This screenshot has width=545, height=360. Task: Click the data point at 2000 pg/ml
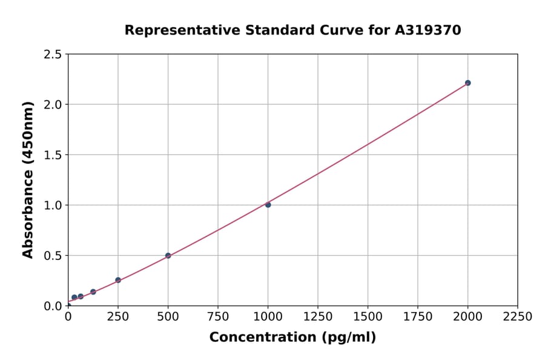tap(467, 83)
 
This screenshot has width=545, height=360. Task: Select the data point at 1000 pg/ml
tap(268, 205)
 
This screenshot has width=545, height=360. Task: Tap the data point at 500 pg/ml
tap(168, 256)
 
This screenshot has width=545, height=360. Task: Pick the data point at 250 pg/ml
tap(118, 280)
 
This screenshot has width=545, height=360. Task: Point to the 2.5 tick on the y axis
tap(53, 55)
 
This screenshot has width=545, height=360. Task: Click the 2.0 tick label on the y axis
tap(53, 105)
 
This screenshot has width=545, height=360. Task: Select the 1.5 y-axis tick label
tap(53, 155)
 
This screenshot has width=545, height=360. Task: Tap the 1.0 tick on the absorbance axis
tap(53, 205)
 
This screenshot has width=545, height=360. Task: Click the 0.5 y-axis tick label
tap(53, 256)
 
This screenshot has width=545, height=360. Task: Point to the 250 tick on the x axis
tap(118, 316)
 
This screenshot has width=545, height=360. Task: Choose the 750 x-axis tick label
tap(218, 316)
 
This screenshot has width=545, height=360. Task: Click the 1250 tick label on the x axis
tap(318, 316)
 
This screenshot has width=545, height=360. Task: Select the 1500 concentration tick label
tap(368, 316)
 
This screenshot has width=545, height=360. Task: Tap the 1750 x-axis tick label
tap(418, 316)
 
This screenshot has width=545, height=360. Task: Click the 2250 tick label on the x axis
tap(518, 316)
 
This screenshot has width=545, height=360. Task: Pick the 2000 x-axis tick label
tap(467, 316)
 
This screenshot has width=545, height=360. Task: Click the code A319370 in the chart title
tap(428, 30)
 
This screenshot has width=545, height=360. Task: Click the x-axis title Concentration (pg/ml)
tap(292, 338)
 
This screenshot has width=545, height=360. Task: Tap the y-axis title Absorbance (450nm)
tap(28, 179)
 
